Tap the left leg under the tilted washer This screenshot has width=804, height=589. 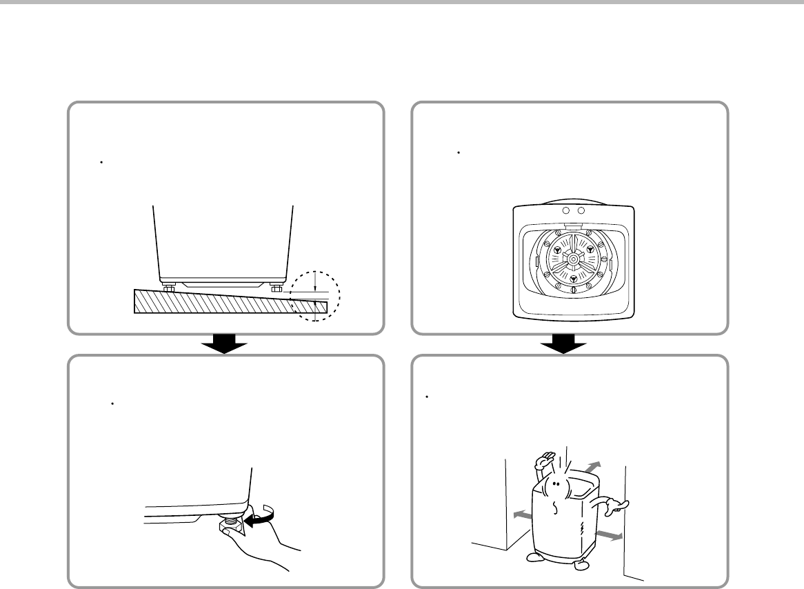(168, 287)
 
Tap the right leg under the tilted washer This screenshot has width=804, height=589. (277, 287)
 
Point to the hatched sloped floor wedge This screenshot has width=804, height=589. (207, 302)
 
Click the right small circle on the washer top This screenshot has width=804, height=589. (581, 210)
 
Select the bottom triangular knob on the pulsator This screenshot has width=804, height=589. (572, 279)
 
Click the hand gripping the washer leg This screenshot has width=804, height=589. (265, 545)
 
